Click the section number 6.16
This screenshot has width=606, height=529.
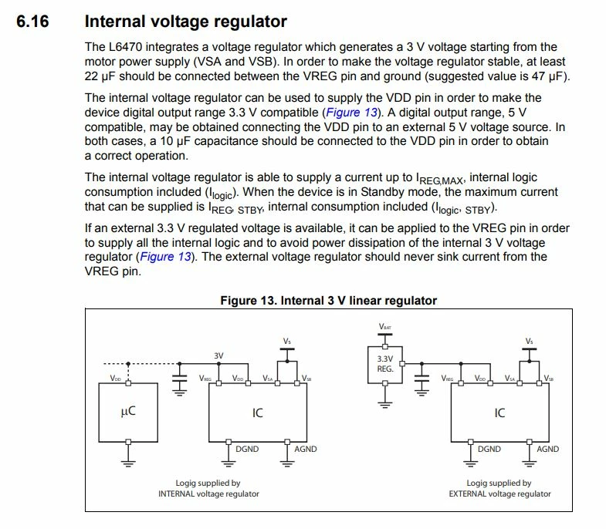click(32, 21)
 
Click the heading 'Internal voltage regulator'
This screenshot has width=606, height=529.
click(185, 22)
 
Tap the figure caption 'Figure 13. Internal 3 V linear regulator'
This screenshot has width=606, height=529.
click(329, 301)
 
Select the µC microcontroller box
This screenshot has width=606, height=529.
click(128, 412)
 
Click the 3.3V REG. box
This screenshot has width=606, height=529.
click(385, 365)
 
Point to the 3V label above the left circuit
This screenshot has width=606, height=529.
click(218, 355)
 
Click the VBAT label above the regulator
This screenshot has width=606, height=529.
click(385, 327)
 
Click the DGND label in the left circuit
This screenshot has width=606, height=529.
click(247, 449)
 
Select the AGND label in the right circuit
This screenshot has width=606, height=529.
click(547, 449)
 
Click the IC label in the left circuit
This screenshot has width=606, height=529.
click(257, 413)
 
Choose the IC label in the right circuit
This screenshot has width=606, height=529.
click(499, 413)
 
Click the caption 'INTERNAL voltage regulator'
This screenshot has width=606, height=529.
click(208, 494)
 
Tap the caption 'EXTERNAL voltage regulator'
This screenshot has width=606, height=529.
click(499, 494)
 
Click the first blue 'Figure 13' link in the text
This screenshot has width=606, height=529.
click(352, 113)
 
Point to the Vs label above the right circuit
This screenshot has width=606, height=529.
click(529, 342)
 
